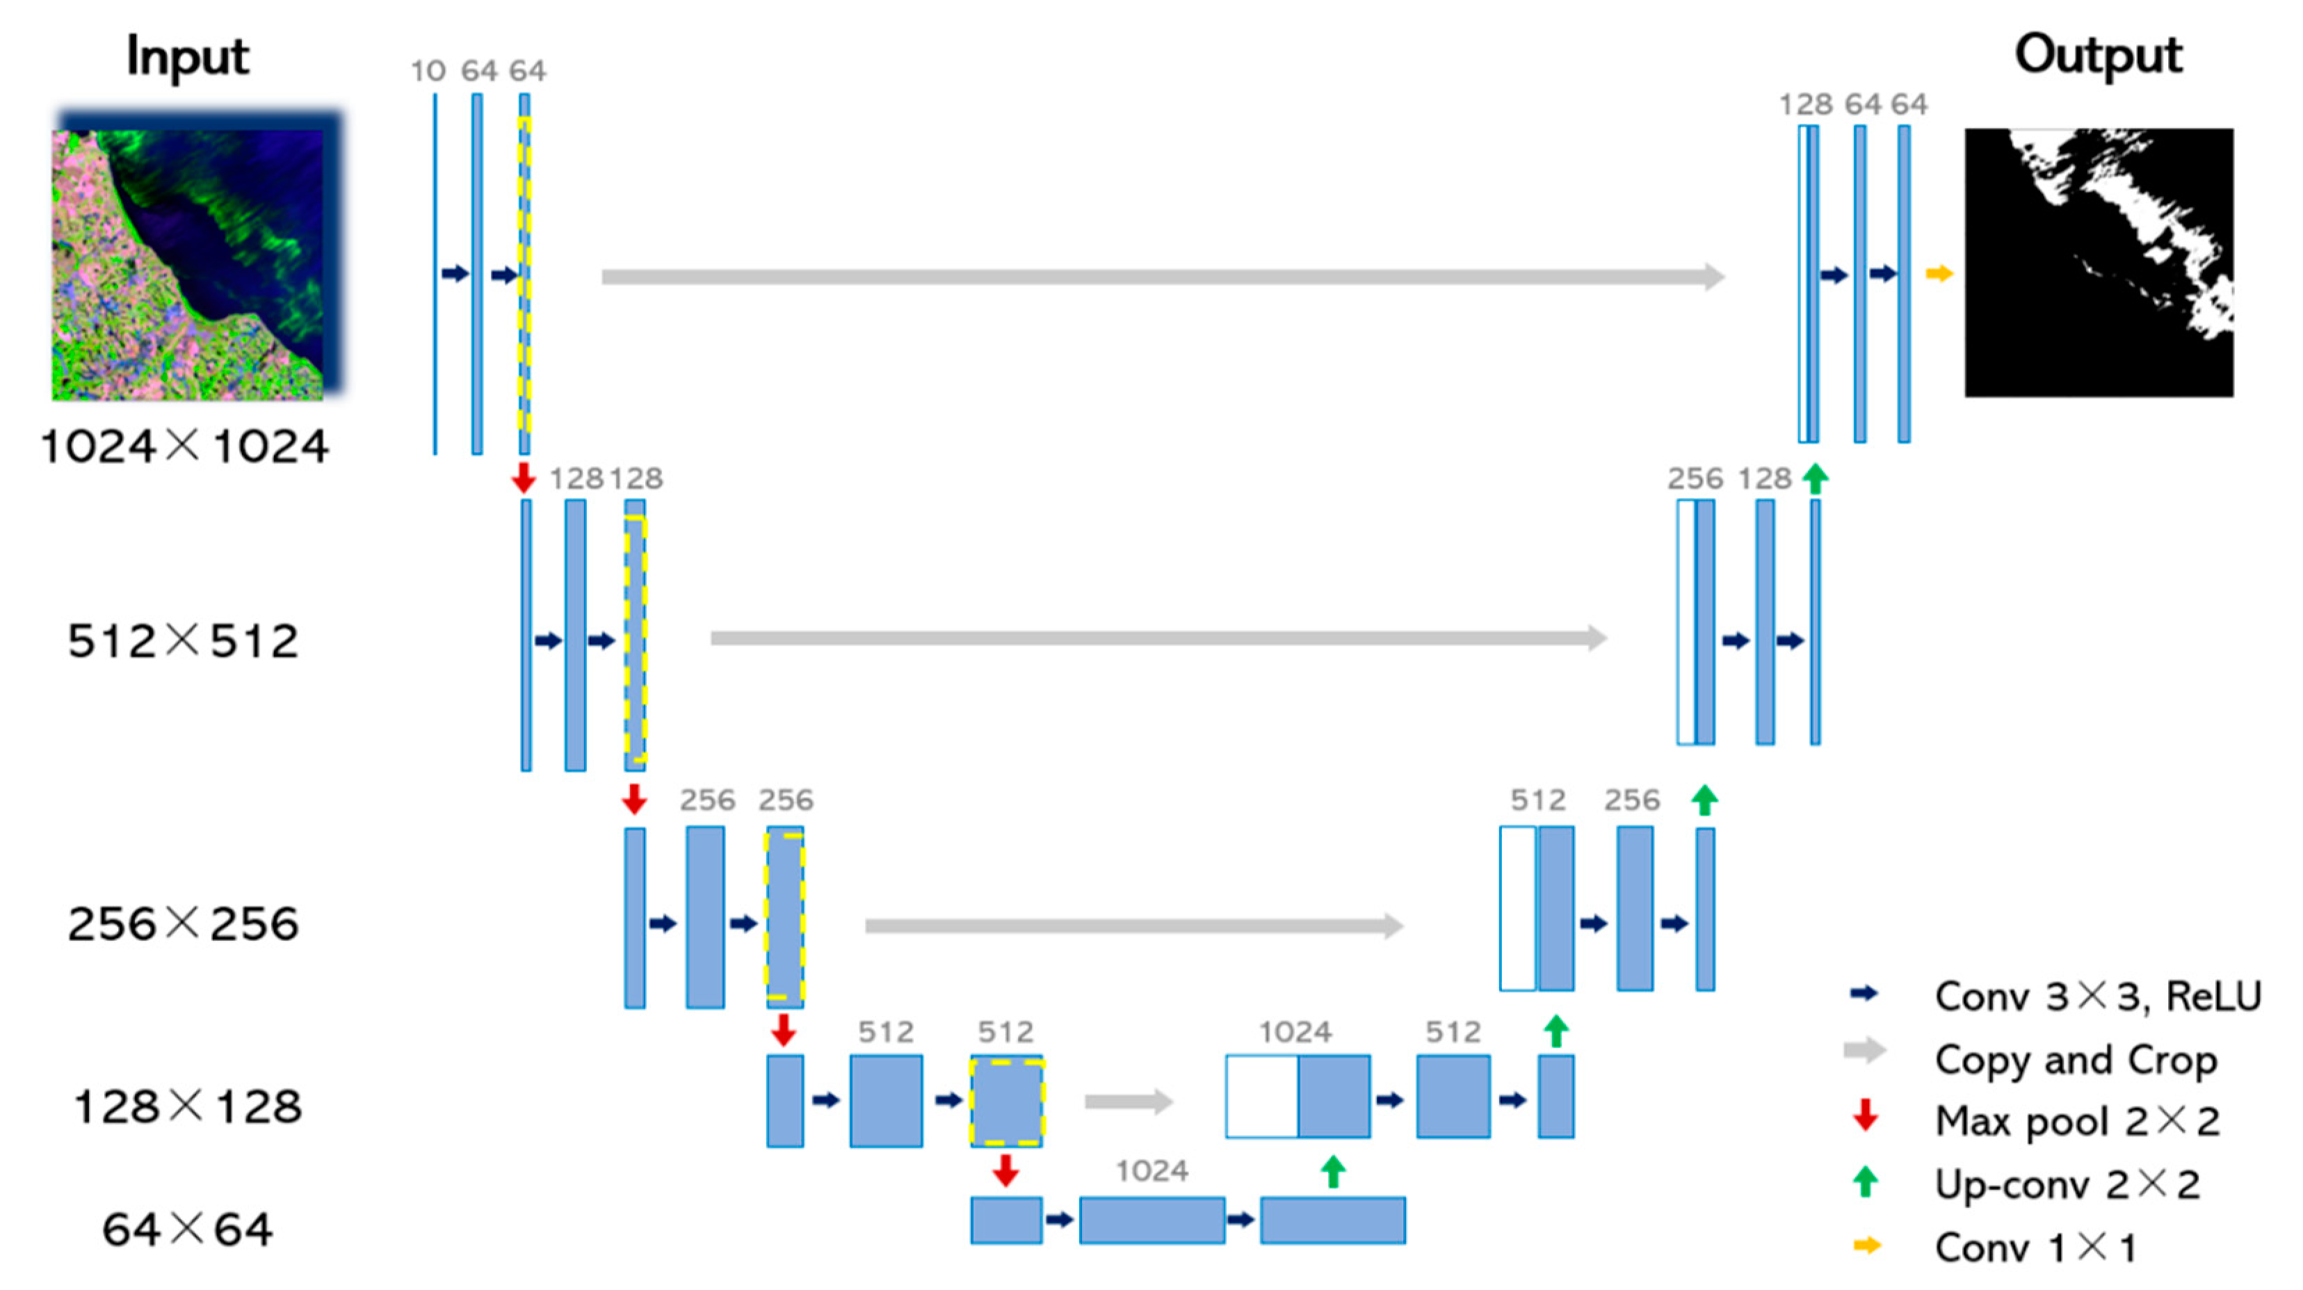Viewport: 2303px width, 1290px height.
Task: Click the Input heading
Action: (x=187, y=57)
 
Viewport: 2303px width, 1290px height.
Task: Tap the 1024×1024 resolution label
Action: (x=184, y=445)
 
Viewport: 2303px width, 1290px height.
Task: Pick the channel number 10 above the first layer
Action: (x=428, y=71)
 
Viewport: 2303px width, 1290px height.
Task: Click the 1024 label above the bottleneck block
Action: (x=1151, y=1170)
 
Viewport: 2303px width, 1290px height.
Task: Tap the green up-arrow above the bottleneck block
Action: (x=1333, y=1171)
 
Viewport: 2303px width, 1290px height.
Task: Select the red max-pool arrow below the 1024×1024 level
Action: (x=523, y=477)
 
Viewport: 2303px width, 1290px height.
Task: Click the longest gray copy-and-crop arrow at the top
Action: (x=1162, y=276)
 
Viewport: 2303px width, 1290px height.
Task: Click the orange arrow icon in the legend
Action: (x=1867, y=1245)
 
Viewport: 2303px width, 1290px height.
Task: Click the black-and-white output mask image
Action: (x=2099, y=263)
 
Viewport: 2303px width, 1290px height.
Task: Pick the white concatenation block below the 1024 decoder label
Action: (x=1261, y=1096)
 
